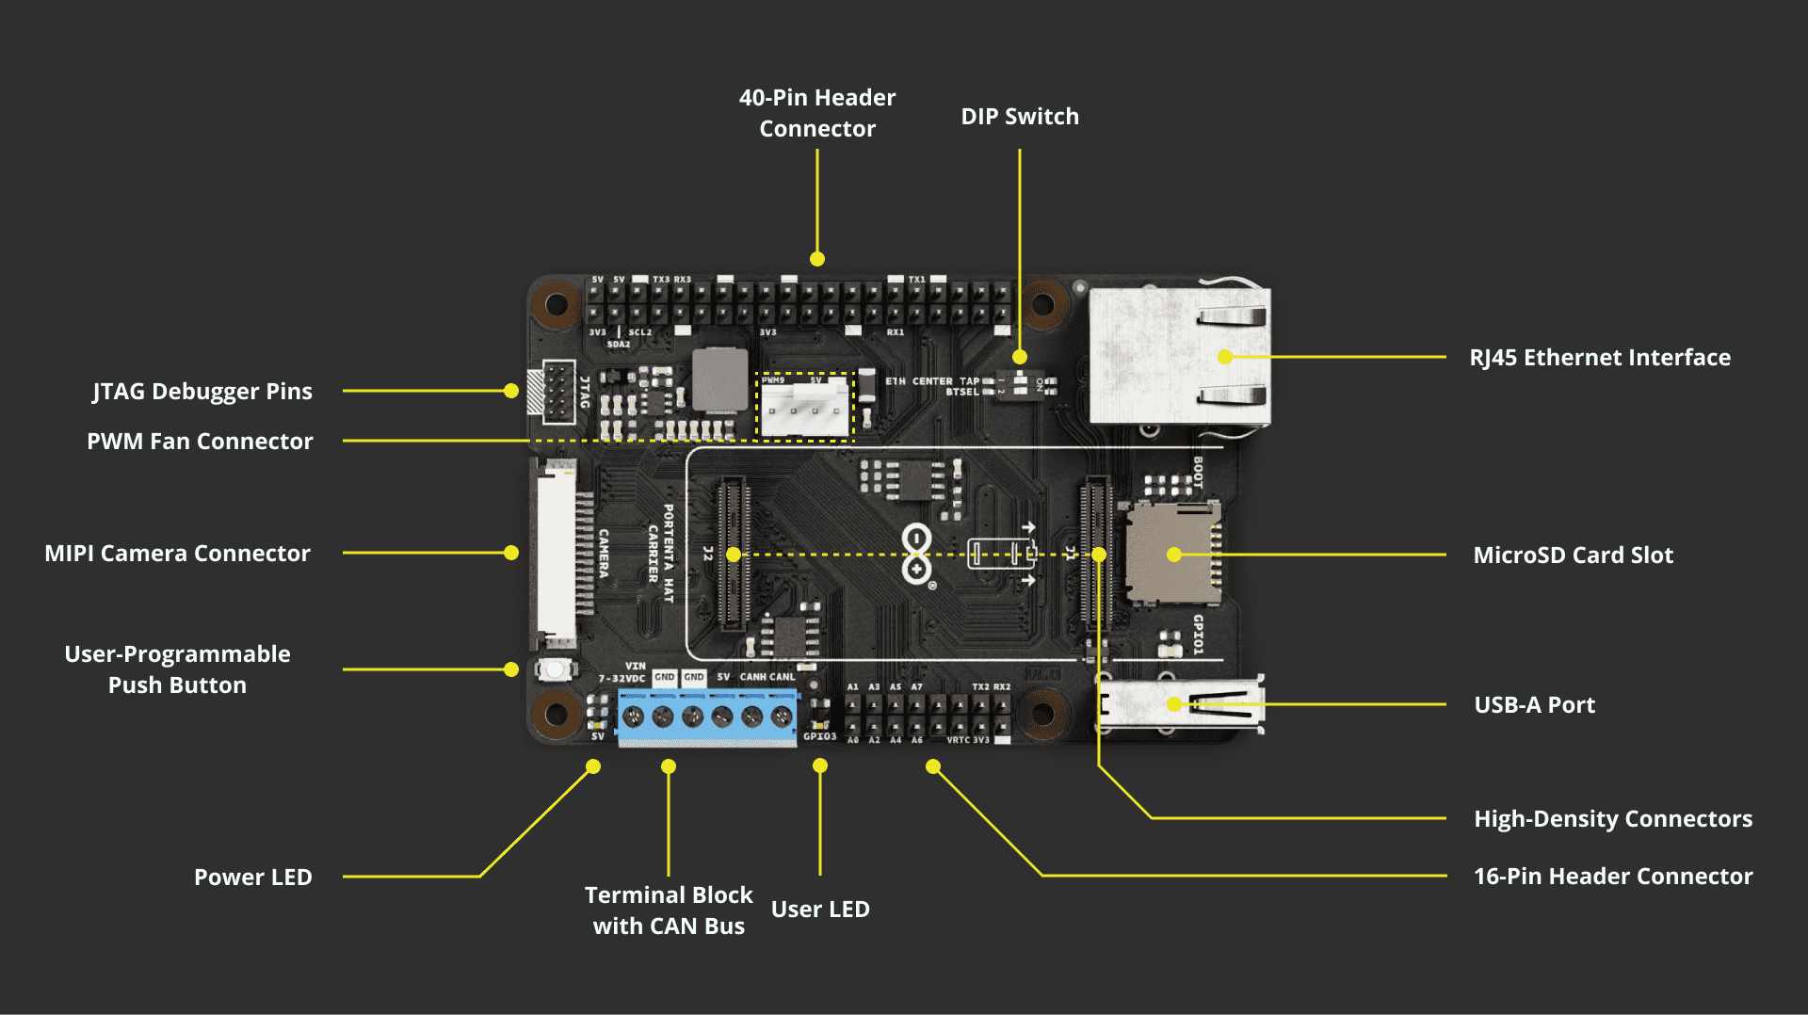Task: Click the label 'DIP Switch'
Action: coord(1020,117)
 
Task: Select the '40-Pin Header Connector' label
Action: coord(817,113)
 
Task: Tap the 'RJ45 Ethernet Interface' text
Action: coord(1599,358)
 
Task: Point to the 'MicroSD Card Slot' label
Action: coord(1573,556)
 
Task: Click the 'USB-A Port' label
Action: coord(1534,705)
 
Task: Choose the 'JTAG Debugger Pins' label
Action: coord(202,392)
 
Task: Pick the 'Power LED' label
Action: coord(252,878)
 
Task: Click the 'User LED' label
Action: coord(820,910)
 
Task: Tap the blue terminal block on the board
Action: coord(706,717)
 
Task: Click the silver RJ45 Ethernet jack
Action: coord(1179,356)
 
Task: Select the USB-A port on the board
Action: coord(1181,704)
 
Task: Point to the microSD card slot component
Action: coord(1171,555)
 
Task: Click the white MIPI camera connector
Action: coord(557,554)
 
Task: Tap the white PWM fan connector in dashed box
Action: coord(804,408)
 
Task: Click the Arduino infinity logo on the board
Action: coord(916,555)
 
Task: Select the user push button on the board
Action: coord(556,669)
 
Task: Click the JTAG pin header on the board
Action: coord(558,392)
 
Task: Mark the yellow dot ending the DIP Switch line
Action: coord(1020,357)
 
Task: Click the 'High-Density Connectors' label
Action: coord(1612,819)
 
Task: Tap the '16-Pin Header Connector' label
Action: coord(1612,877)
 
